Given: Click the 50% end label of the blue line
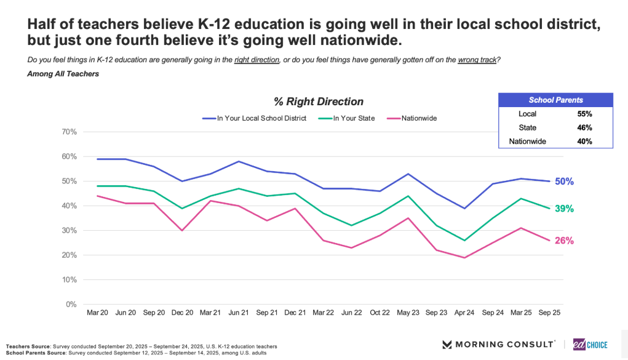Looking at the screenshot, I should coord(565,181).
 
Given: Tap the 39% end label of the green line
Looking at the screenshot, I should coord(565,209).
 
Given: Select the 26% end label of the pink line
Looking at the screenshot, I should coord(565,241).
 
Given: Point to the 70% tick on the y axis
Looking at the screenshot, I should coord(68,132).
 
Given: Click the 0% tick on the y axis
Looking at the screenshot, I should coord(71,304).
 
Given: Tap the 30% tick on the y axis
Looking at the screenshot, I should coord(68,230).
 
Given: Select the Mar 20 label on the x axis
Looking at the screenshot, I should coord(97,313).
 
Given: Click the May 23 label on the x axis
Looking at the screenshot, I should coord(408,313).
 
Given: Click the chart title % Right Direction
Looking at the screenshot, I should coord(319,102).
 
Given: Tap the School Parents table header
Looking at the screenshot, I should coord(556,100).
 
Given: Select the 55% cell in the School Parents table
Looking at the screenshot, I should coord(584,114).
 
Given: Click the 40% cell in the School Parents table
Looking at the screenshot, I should coord(584,142).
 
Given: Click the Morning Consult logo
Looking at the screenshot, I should coord(499,344).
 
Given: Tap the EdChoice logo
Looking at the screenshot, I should coord(590,344).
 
